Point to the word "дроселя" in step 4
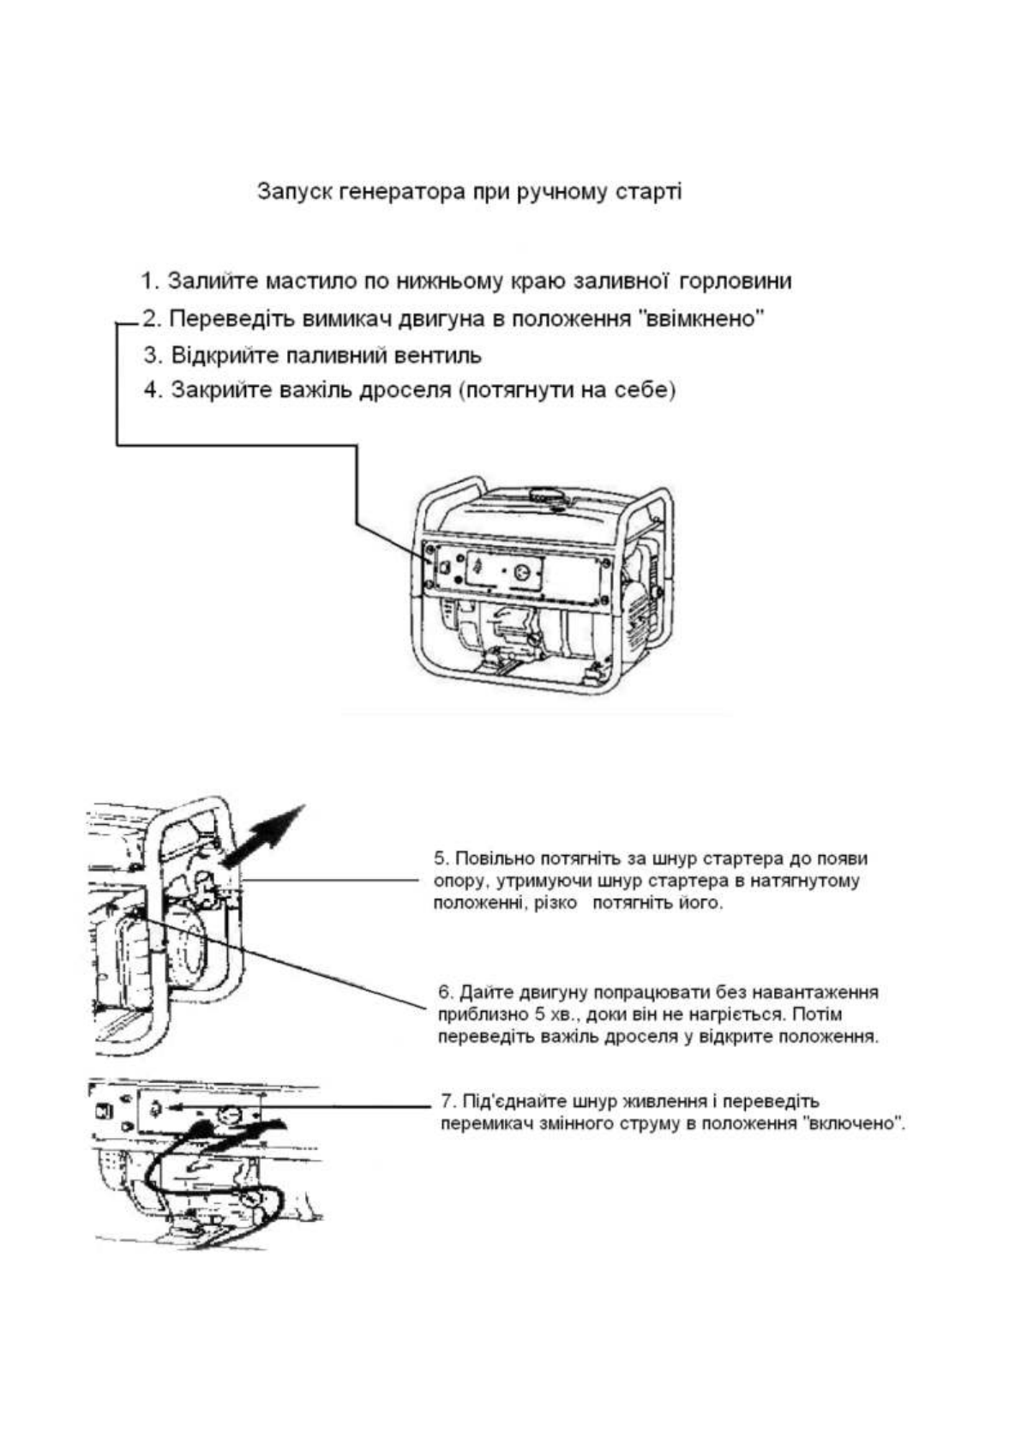pos(411,390)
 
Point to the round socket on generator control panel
pos(519,567)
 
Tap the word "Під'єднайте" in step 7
pos(515,1101)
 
